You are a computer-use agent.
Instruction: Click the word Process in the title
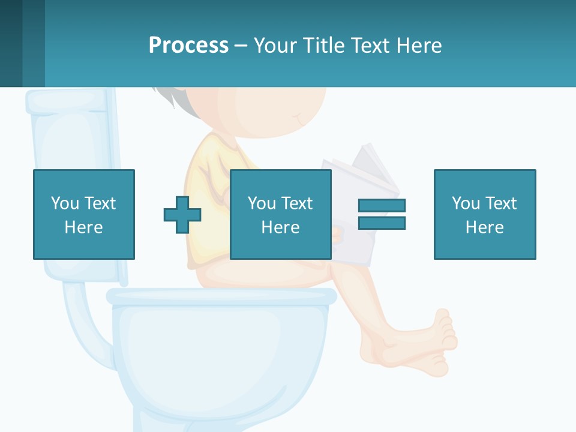(x=188, y=46)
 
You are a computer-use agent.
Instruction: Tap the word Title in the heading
(x=322, y=46)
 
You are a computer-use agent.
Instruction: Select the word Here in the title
(x=418, y=46)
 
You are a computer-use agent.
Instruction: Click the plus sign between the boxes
(x=182, y=215)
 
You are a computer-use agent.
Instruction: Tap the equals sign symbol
(x=382, y=214)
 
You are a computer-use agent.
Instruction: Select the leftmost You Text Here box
(x=84, y=215)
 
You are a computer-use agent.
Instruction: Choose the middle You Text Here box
(x=281, y=215)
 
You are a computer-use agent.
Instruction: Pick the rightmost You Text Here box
(x=485, y=215)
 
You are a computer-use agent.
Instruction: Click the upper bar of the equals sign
(x=382, y=206)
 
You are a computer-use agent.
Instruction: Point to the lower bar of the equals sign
(x=382, y=223)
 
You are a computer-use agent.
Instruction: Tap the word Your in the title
(x=275, y=46)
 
